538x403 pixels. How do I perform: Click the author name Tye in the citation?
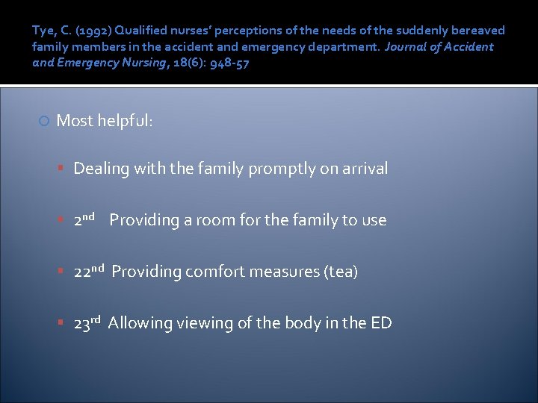pos(43,31)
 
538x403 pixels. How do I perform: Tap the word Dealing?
pos(102,169)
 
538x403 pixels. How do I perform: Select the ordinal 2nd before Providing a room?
pos(84,219)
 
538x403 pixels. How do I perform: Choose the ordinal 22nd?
pos(88,271)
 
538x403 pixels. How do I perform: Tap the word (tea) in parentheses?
pos(341,272)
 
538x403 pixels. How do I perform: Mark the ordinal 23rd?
pos(87,322)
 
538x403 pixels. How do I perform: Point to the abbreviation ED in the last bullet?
pos(381,323)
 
